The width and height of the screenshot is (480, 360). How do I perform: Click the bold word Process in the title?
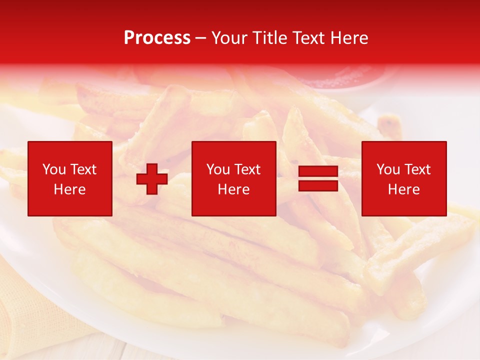[157, 37]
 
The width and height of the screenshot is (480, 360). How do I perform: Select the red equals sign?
[318, 178]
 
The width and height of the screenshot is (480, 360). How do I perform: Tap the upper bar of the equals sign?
[318, 171]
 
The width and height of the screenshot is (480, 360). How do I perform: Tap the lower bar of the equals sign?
[318, 185]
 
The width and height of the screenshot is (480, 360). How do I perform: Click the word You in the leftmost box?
[53, 169]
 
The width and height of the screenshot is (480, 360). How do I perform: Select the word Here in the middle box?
[233, 189]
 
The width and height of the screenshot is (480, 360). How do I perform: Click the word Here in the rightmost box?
[403, 189]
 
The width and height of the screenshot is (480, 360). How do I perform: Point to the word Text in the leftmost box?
[83, 169]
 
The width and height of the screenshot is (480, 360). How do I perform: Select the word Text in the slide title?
[305, 37]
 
